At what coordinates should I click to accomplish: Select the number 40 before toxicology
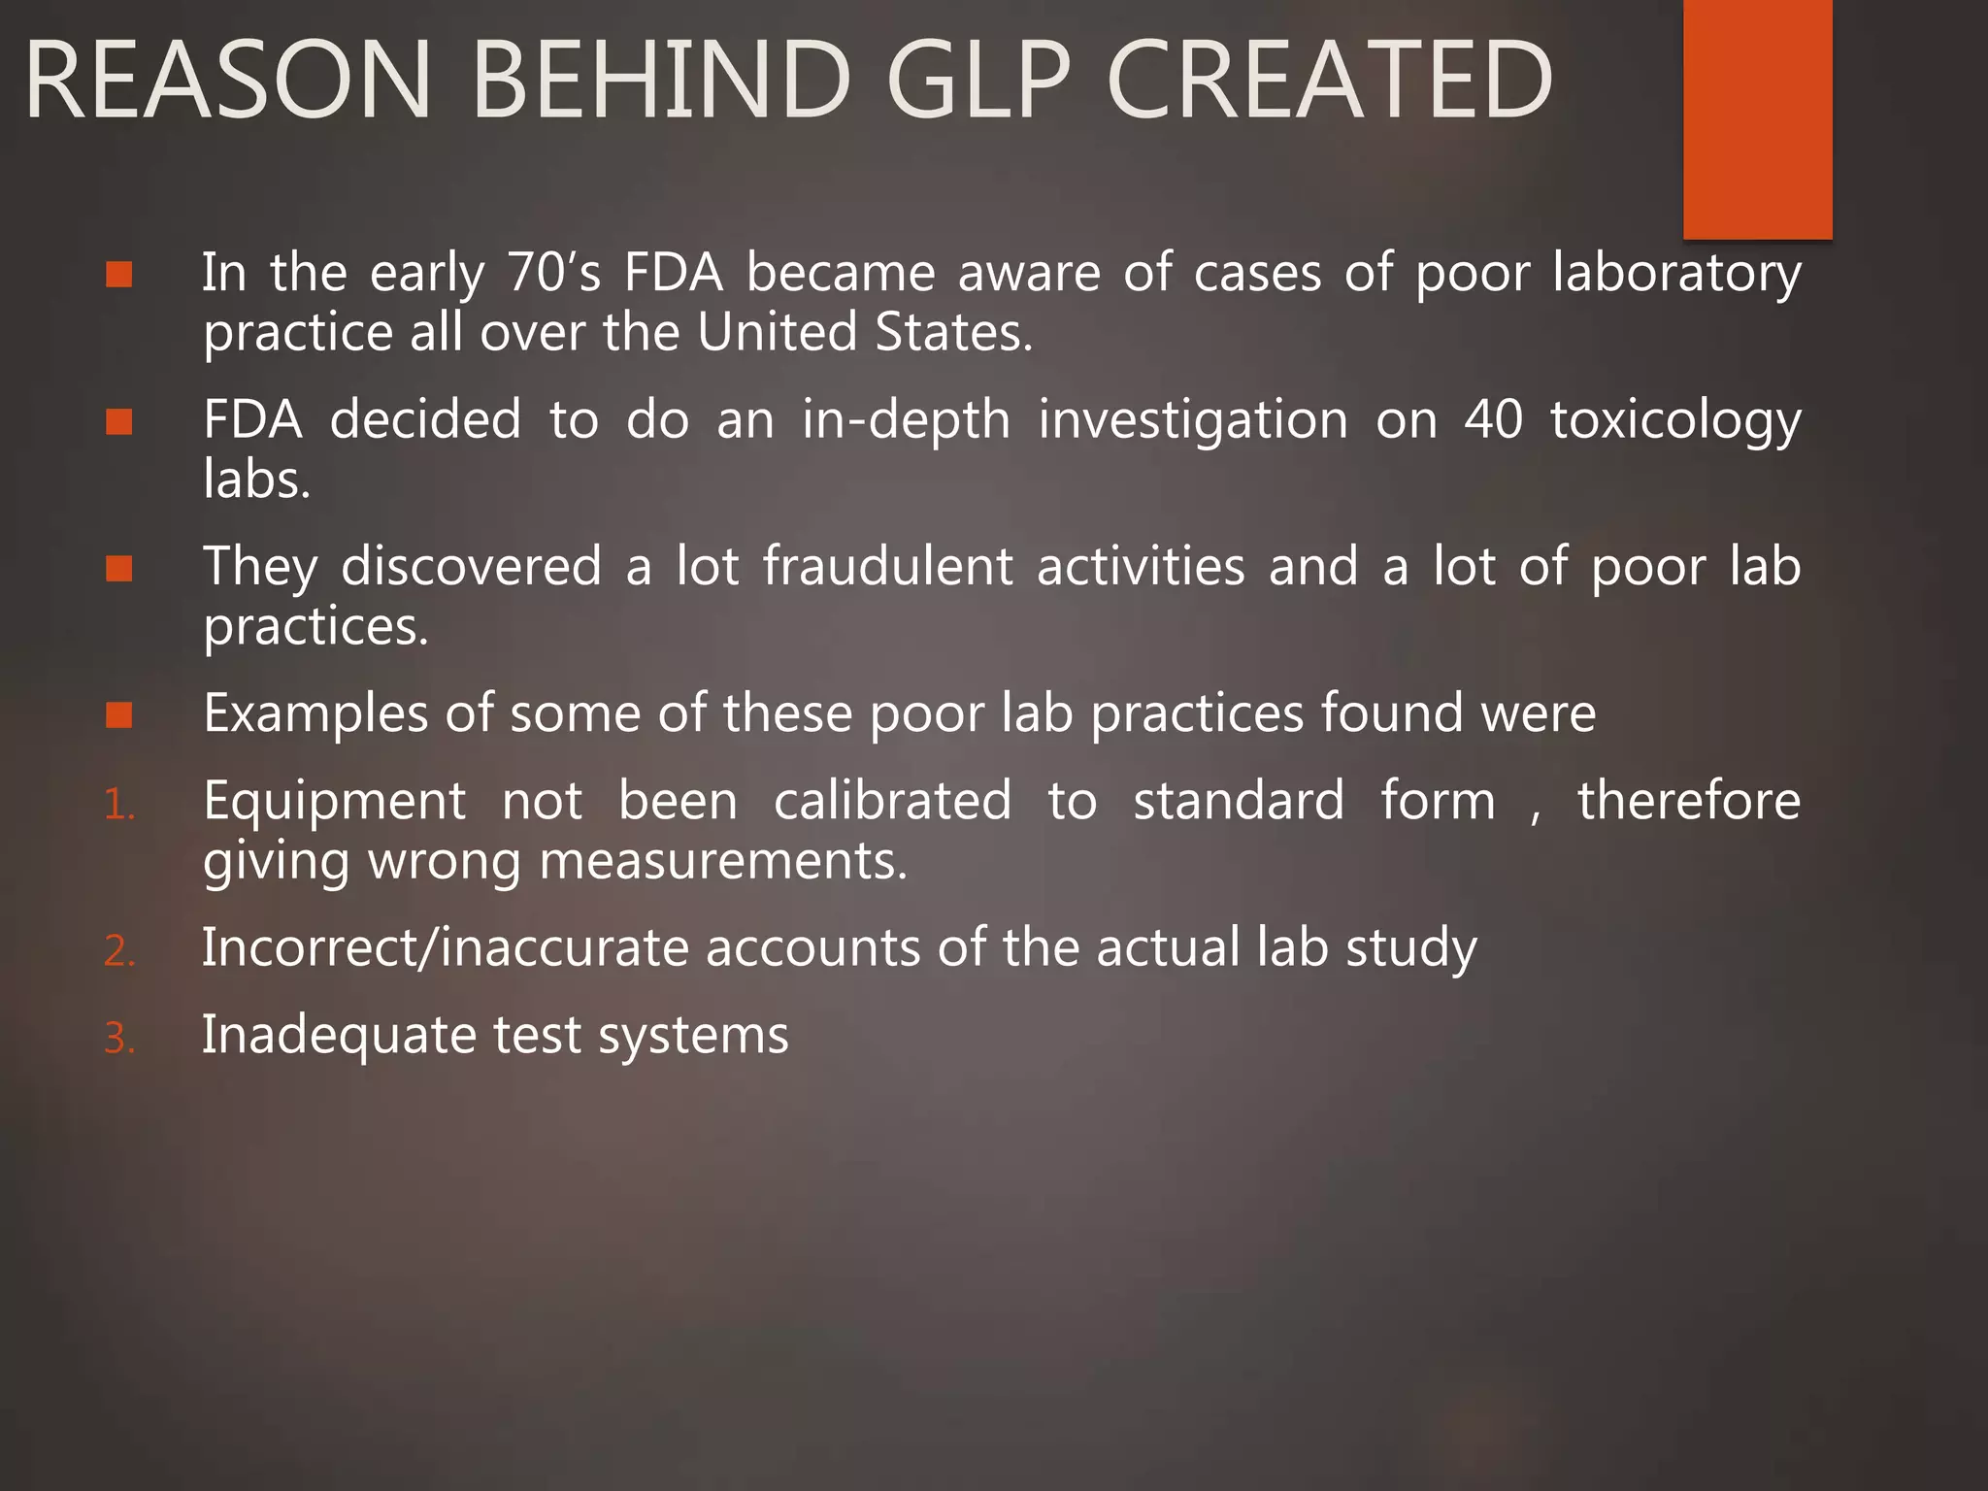tap(1493, 419)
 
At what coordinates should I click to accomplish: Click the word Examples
tap(315, 714)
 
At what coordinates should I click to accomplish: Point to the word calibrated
tap(892, 801)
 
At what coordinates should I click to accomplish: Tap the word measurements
tap(723, 861)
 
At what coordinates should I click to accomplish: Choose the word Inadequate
tap(339, 1036)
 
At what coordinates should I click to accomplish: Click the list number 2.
tap(118, 951)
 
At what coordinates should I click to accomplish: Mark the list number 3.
tap(118, 1039)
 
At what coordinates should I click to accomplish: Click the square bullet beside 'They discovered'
tap(119, 568)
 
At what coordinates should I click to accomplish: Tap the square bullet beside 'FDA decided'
tap(119, 421)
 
